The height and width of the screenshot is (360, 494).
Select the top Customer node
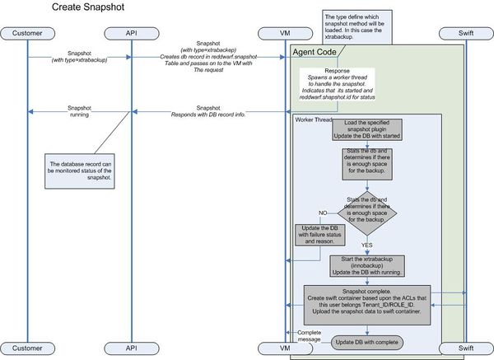click(27, 33)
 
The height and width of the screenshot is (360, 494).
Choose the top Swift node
click(466, 33)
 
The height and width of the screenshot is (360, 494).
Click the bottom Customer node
click(27, 348)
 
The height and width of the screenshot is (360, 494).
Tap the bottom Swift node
click(466, 348)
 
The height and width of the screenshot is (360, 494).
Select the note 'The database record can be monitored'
click(84, 170)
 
